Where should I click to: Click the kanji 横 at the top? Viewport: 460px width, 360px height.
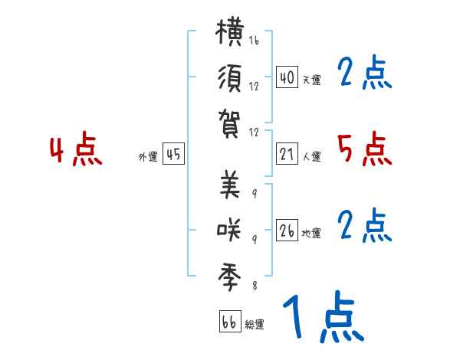(x=229, y=31)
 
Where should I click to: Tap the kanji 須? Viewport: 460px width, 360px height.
(x=230, y=78)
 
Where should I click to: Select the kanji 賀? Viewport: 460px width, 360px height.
(x=229, y=123)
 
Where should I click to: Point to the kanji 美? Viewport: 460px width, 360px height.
(x=230, y=184)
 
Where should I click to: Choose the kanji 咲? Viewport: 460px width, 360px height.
(x=229, y=230)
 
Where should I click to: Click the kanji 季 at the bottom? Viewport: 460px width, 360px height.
(x=229, y=277)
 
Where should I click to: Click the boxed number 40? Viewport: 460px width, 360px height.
(x=287, y=77)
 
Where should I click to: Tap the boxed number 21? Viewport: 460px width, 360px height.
(x=287, y=154)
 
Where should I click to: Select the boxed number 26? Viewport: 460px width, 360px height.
(x=287, y=230)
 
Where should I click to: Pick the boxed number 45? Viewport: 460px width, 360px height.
(x=173, y=154)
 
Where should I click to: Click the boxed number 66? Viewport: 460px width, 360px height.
(x=230, y=321)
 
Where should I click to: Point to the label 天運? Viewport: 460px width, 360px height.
(x=312, y=80)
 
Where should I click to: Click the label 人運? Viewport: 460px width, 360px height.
(x=312, y=156)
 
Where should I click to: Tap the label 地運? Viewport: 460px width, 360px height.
(x=311, y=233)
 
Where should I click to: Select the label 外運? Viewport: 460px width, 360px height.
(x=148, y=156)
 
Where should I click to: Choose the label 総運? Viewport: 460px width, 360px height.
(x=255, y=324)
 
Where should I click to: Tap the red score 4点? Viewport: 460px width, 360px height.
(x=76, y=149)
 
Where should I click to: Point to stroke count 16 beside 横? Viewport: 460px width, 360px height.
(x=254, y=40)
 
